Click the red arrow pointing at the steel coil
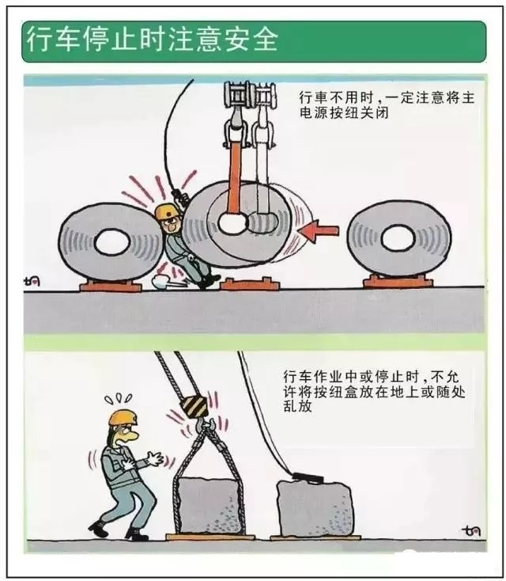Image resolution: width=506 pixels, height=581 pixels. (319, 231)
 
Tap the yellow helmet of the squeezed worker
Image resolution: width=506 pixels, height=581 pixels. (166, 212)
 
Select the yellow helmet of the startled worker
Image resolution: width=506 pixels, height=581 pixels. (123, 418)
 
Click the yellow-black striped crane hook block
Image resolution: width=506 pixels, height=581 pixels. (194, 407)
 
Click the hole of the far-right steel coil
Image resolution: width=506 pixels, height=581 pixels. (398, 238)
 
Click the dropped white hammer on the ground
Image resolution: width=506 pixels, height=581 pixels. (167, 282)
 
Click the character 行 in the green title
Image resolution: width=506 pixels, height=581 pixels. (40, 40)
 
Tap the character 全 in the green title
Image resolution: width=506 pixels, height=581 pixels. (265, 40)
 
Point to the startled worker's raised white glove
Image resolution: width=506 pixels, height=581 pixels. (154, 459)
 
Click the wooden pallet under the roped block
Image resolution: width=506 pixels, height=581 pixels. (210, 537)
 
